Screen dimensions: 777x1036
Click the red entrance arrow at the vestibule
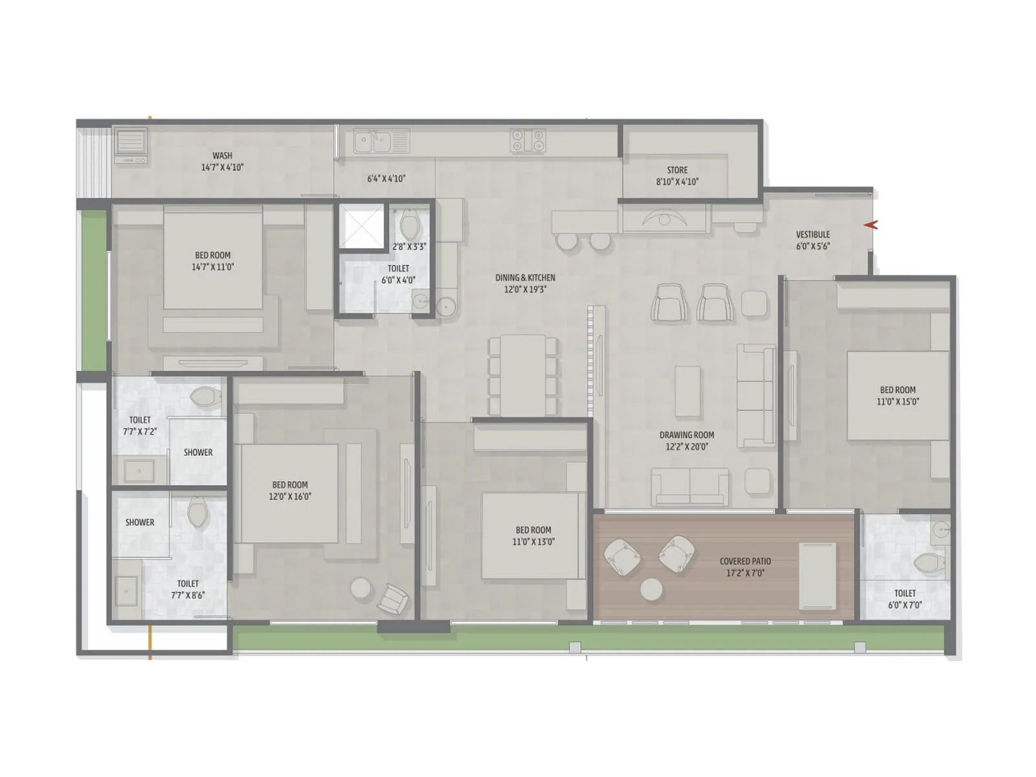(871, 225)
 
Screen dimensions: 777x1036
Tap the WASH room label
(222, 155)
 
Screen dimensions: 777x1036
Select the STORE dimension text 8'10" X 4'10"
(677, 182)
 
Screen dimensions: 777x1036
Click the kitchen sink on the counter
(373, 141)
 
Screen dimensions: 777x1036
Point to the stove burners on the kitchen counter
(528, 141)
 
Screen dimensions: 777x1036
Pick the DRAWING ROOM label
(686, 435)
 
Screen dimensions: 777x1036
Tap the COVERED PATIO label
(745, 561)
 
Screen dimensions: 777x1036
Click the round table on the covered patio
(651, 590)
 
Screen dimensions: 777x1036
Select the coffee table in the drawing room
(688, 391)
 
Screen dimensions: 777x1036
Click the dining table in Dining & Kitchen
(523, 375)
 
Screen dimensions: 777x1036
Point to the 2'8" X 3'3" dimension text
(409, 247)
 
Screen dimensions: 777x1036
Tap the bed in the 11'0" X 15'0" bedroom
(898, 396)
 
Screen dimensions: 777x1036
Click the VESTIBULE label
(813, 234)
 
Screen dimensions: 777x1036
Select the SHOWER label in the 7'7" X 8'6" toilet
(140, 523)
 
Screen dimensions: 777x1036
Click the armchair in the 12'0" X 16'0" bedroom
(392, 598)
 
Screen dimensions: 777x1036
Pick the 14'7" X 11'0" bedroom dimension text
(212, 267)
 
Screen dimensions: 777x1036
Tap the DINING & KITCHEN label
(525, 278)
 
